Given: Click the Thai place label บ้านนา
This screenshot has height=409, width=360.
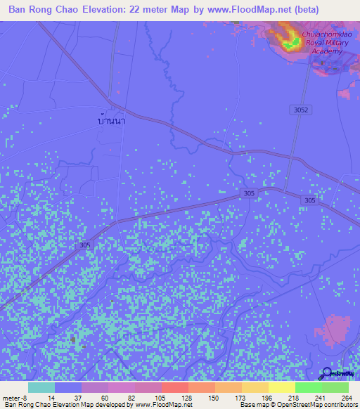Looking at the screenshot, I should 112,120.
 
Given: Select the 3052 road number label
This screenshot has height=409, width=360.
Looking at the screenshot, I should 301,110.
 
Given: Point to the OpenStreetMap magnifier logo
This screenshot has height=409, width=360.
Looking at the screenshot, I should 328,372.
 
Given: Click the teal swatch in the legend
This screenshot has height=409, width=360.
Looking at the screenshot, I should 41,387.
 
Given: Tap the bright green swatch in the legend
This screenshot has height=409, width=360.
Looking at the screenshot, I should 308,387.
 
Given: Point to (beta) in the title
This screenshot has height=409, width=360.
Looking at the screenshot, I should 306,10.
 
